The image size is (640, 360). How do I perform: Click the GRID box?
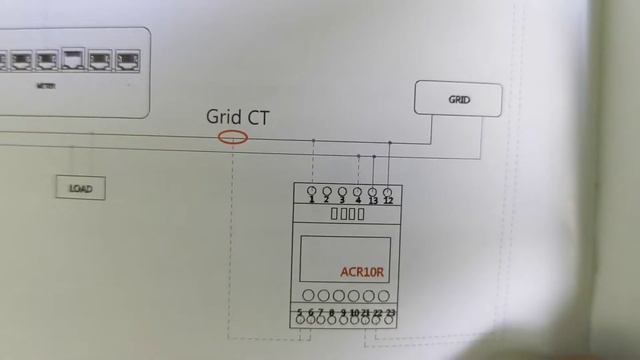pos(458,100)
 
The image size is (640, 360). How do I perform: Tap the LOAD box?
pos(81,187)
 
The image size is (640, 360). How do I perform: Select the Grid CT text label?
pos(237,116)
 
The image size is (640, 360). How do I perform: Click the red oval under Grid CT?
pos(232,137)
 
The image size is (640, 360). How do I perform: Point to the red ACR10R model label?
pos(361,270)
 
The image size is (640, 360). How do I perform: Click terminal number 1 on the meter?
pos(312,191)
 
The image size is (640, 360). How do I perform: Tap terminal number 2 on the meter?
pos(327,191)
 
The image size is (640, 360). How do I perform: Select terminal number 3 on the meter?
pos(342,191)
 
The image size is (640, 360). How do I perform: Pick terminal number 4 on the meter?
pos(357,191)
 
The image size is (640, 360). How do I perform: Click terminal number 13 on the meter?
pos(372,191)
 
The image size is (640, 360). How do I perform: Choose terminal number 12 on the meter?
pos(387,191)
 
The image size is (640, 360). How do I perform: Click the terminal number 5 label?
pos(299,314)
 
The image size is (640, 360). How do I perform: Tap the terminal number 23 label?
pos(390,314)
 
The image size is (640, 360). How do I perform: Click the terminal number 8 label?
pos(331,314)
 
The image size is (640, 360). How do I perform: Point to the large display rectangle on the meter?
pos(345,259)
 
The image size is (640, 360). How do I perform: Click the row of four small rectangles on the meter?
pos(346,214)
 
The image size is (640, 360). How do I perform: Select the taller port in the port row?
pos(73,59)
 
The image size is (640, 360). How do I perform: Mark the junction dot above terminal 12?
pos(390,143)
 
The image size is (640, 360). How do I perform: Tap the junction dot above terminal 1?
pos(313,141)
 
